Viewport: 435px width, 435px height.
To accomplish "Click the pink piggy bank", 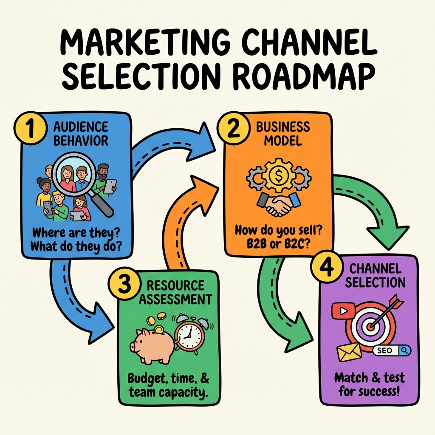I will [153, 346].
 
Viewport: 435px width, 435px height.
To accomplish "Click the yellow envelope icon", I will [347, 352].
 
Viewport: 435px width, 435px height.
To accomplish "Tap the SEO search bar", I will [391, 350].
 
